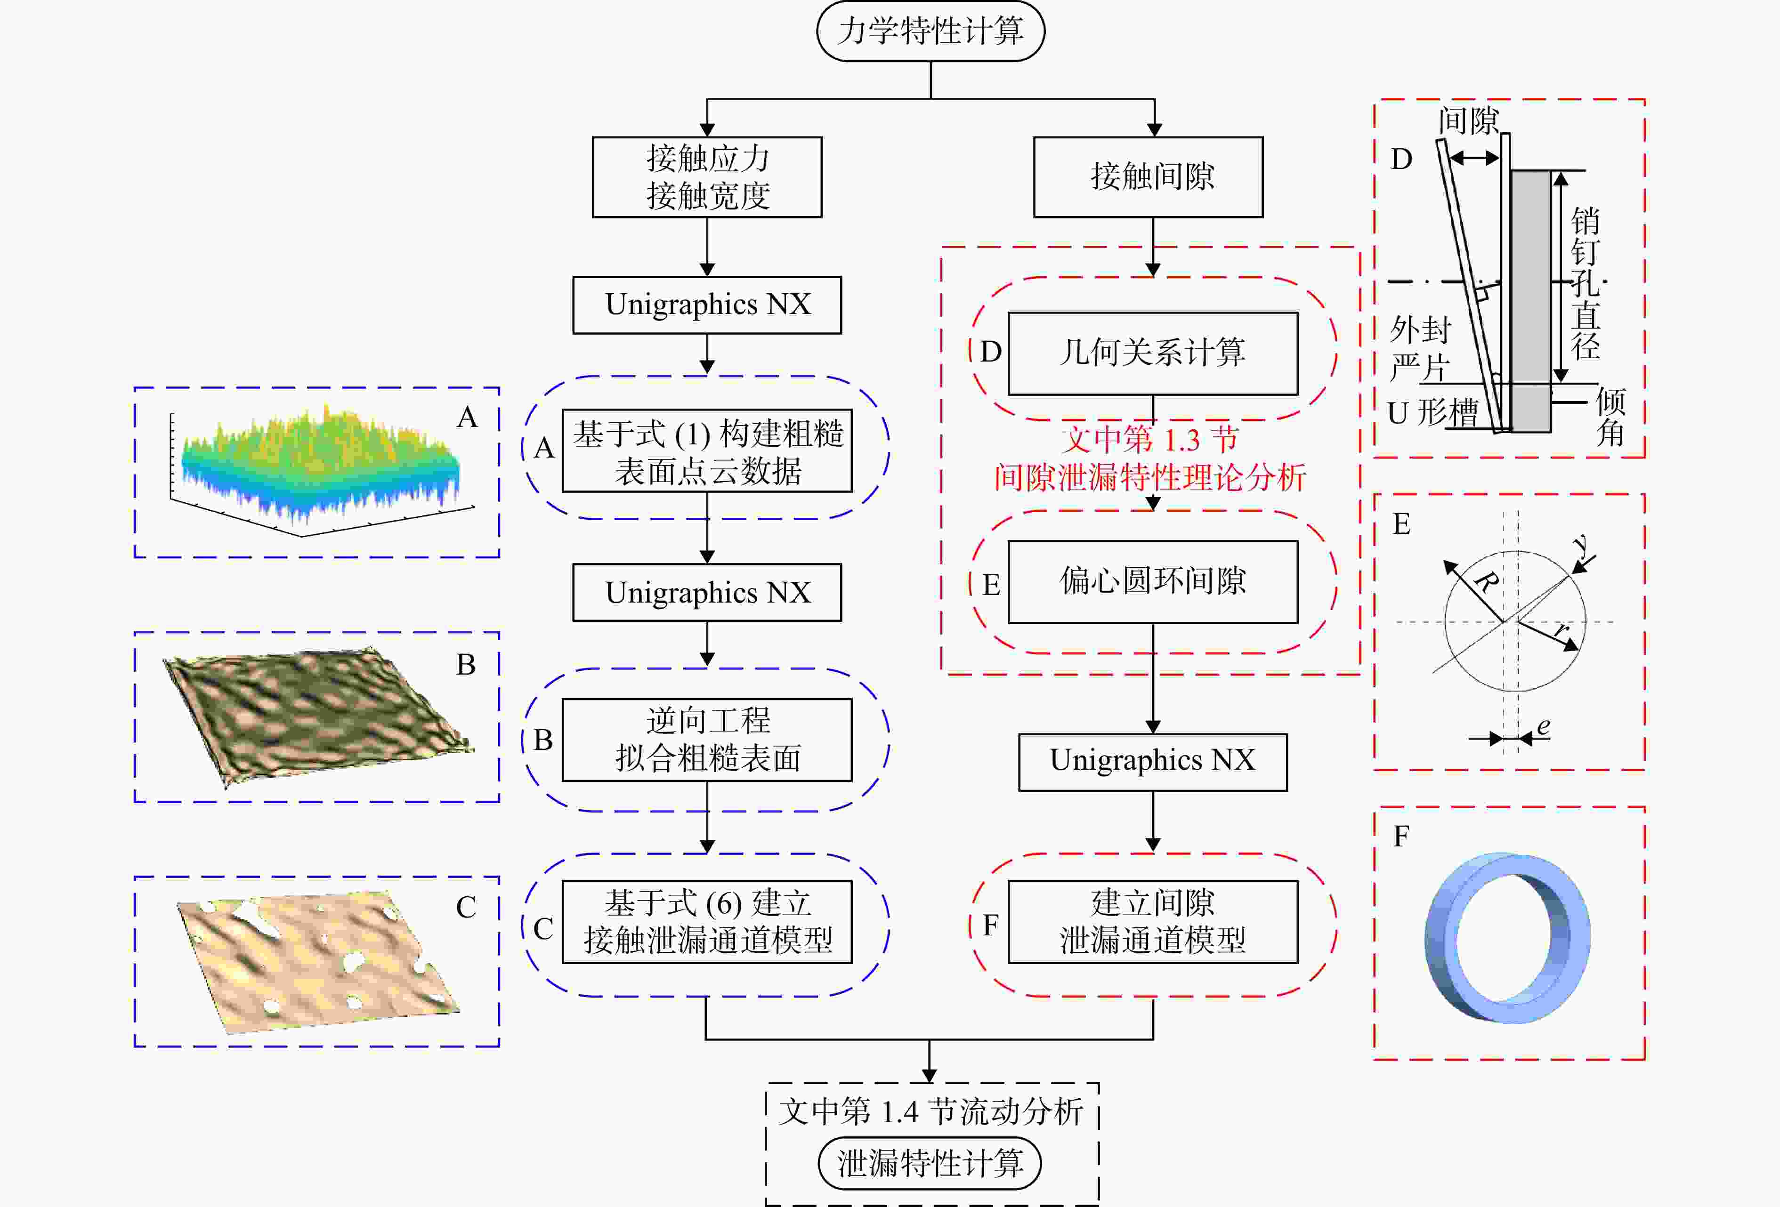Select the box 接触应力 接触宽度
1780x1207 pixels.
pyautogui.click(x=707, y=177)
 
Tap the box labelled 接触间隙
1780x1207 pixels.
pyautogui.click(x=1148, y=177)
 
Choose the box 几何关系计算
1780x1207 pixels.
pyautogui.click(x=1153, y=353)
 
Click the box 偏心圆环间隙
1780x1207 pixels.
pyautogui.click(x=1153, y=582)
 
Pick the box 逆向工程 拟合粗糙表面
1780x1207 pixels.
pyautogui.click(x=707, y=740)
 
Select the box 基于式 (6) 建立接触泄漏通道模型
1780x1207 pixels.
pyautogui.click(x=707, y=921)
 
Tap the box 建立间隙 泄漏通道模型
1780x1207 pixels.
pyautogui.click(x=1153, y=921)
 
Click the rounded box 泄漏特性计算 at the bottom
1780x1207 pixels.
pyautogui.click(x=930, y=1163)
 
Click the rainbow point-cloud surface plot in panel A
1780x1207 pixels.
pyautogui.click(x=318, y=467)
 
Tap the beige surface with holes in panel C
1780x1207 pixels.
pyautogui.click(x=318, y=961)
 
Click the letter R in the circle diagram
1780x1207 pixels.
pyautogui.click(x=1485, y=581)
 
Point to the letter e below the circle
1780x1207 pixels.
pyautogui.click(x=1543, y=726)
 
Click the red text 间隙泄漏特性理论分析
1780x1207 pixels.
pyautogui.click(x=1149, y=478)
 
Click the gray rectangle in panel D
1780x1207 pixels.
pyautogui.click(x=1530, y=301)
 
